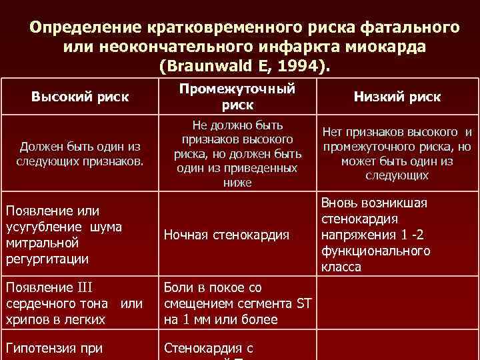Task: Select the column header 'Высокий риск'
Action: (79, 97)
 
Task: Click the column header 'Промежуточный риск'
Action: (237, 97)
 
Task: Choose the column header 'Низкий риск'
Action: (397, 97)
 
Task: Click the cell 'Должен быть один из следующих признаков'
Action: (79, 154)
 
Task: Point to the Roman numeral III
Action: (88, 288)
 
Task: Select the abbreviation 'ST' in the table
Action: (303, 303)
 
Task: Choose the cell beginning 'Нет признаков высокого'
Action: (397, 154)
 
